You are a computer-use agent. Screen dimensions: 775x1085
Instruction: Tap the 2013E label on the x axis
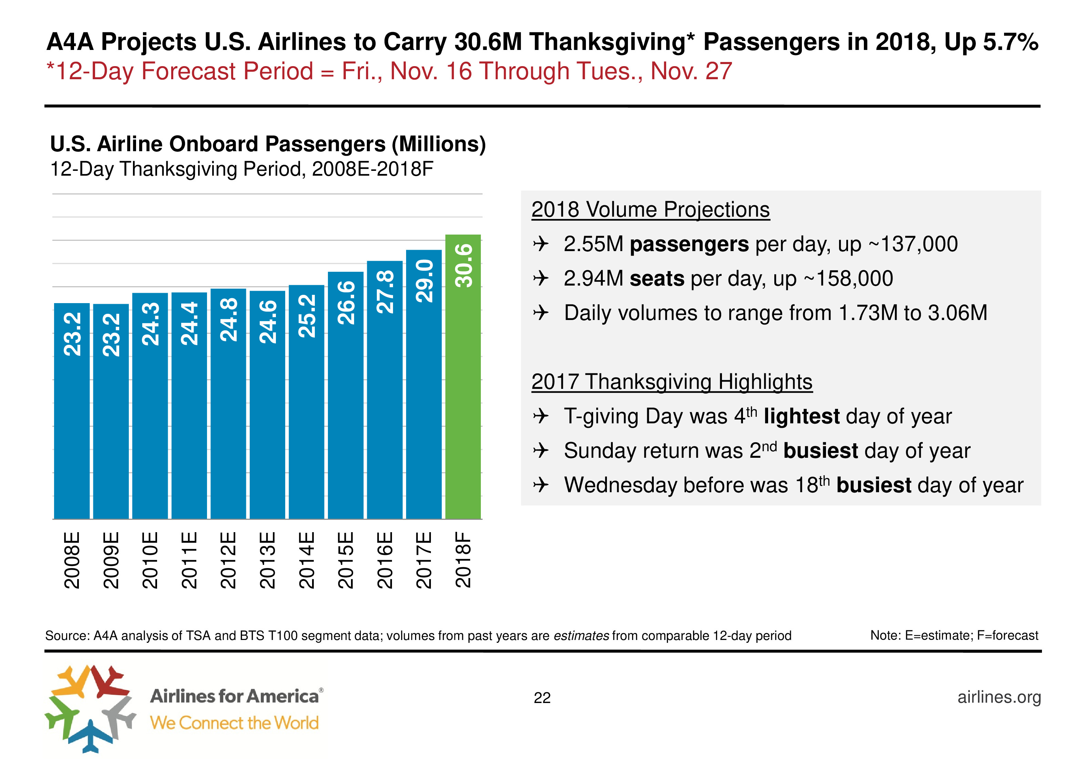(267, 560)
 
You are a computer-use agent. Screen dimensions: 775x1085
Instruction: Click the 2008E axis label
(72, 560)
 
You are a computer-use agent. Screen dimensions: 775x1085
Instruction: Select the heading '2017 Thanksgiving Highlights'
(672, 382)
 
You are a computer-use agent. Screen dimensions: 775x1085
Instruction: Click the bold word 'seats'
(657, 279)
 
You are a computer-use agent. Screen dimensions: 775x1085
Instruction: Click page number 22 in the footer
(542, 698)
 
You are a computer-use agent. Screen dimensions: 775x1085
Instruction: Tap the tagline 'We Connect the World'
(234, 723)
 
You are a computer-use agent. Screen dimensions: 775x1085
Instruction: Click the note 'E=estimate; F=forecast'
(971, 635)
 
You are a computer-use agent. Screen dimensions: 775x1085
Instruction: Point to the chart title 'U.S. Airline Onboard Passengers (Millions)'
(268, 144)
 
